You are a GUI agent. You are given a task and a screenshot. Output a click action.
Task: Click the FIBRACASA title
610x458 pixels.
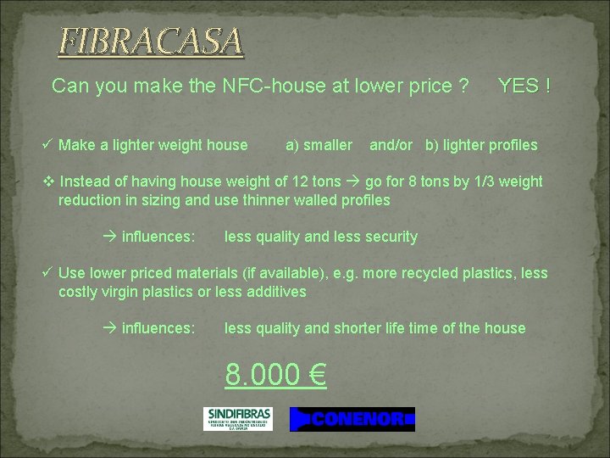(150, 41)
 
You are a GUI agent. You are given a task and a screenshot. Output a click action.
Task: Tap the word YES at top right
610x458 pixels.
(518, 86)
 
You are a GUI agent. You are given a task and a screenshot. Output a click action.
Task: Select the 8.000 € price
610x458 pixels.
(275, 374)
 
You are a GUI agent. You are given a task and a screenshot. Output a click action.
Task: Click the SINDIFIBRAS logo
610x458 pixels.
(237, 418)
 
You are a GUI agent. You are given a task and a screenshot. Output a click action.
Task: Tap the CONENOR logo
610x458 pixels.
(352, 419)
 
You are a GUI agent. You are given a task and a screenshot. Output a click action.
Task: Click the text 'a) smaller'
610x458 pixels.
(319, 145)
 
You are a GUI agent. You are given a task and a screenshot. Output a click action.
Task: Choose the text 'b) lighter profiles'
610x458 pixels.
(481, 145)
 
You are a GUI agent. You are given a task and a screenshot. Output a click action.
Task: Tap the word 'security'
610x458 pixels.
(389, 237)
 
